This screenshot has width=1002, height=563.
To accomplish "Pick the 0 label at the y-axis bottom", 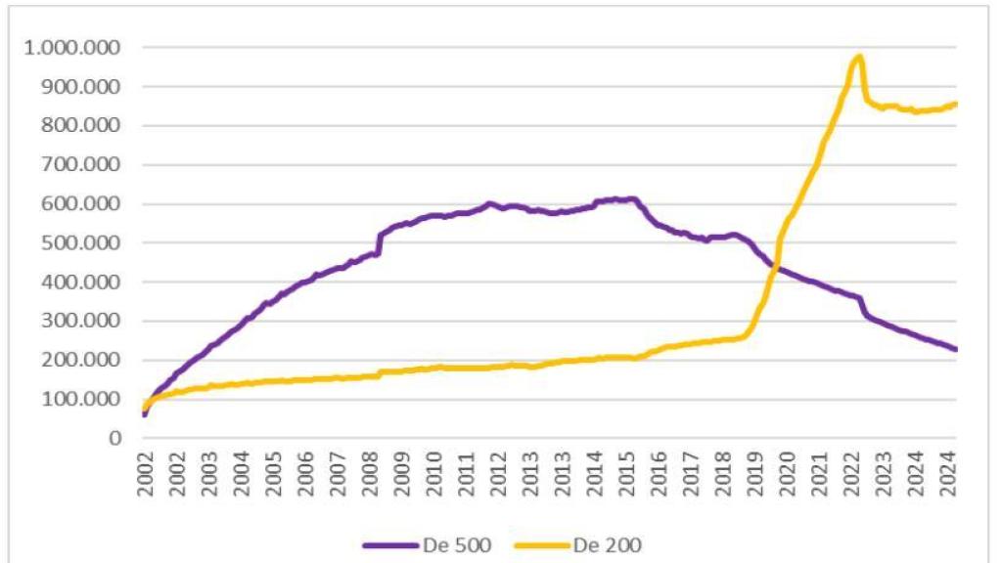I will tap(114, 439).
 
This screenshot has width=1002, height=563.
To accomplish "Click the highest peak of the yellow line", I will tap(858, 57).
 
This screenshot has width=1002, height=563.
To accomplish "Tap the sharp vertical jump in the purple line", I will tap(379, 244).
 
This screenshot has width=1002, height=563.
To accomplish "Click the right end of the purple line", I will tap(956, 349).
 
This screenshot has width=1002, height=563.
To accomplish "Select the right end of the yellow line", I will tap(956, 104).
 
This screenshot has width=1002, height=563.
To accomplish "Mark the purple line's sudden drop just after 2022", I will tap(864, 308).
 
